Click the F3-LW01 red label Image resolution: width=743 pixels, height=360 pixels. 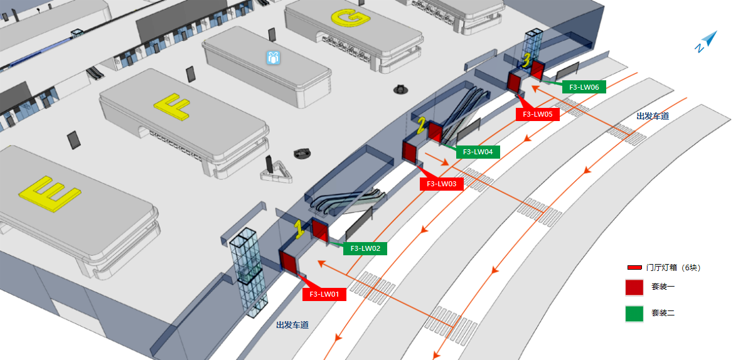tap(324, 294)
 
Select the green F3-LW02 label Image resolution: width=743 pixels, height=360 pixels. tap(365, 248)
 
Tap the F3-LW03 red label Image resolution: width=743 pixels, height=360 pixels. tap(441, 184)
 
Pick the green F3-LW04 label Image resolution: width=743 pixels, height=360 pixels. tap(478, 152)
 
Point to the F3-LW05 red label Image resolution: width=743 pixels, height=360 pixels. tap(537, 114)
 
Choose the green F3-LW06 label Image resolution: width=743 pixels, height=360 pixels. tap(584, 87)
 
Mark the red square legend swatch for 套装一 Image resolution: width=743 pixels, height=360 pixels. tap(634, 287)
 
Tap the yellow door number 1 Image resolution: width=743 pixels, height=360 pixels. tap(300, 230)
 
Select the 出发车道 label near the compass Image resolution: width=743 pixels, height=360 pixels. tap(653, 116)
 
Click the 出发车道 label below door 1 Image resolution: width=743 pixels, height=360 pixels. tap(292, 325)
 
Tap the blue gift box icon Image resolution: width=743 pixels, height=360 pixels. tap(272, 58)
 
